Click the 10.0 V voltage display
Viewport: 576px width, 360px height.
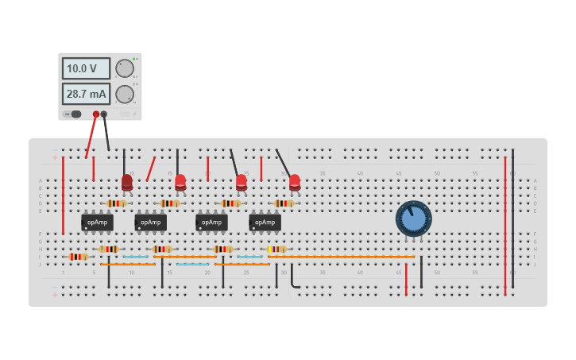tap(86, 69)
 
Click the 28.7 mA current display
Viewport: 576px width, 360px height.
tap(86, 95)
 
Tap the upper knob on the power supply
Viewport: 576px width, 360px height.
tap(125, 68)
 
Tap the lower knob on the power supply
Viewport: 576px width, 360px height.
tap(125, 95)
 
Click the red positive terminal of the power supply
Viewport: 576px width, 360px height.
tap(96, 114)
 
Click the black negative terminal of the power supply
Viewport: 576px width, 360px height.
tap(104, 114)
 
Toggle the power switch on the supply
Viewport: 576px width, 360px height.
tap(74, 114)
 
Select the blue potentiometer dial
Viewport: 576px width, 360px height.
tap(413, 218)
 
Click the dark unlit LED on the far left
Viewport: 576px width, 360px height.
tap(127, 183)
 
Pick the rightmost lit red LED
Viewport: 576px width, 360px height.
tap(295, 182)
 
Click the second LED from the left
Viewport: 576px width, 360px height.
tap(180, 182)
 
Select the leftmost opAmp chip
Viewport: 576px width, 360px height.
tap(97, 223)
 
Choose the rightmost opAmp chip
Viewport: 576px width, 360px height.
tap(265, 223)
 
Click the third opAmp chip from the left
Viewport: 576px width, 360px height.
tap(211, 223)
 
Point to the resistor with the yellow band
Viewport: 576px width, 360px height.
tap(276, 249)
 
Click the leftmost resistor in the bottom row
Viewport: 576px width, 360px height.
tap(78, 257)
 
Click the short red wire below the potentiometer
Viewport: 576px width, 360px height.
tap(406, 279)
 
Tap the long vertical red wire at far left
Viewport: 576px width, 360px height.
tap(63, 195)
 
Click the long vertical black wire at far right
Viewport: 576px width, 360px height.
tap(512, 219)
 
